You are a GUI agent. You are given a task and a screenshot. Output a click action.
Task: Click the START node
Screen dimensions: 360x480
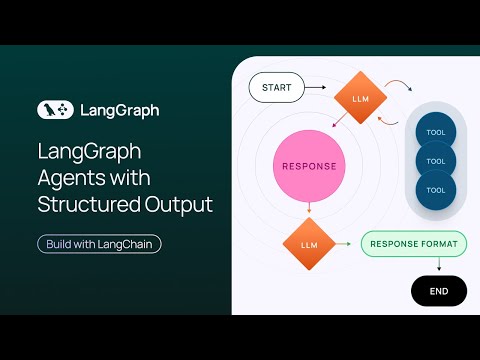pos(277,88)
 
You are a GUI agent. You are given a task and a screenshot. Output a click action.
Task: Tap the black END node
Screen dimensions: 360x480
pos(438,291)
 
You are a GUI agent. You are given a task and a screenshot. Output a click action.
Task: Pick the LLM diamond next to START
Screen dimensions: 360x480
pos(358,97)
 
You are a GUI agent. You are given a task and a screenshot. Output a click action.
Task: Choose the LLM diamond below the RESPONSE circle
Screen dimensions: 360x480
pos(308,243)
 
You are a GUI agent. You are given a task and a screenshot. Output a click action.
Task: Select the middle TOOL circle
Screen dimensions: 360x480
pos(435,160)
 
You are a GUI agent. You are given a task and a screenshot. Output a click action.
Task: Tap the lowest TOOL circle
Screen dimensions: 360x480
pos(435,189)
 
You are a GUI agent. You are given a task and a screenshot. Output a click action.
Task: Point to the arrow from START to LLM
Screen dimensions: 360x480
pos(316,88)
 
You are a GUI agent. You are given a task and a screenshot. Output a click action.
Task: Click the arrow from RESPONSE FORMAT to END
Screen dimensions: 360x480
pos(438,265)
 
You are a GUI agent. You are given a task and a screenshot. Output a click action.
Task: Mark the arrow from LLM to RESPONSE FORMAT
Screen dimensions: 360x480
pos(345,243)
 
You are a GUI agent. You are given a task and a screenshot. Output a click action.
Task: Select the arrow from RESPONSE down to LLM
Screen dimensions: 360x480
pos(308,207)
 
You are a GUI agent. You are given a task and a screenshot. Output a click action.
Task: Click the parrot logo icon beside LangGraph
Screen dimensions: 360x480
pos(53,110)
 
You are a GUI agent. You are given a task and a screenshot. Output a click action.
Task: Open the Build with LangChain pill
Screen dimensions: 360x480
pos(98,243)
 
